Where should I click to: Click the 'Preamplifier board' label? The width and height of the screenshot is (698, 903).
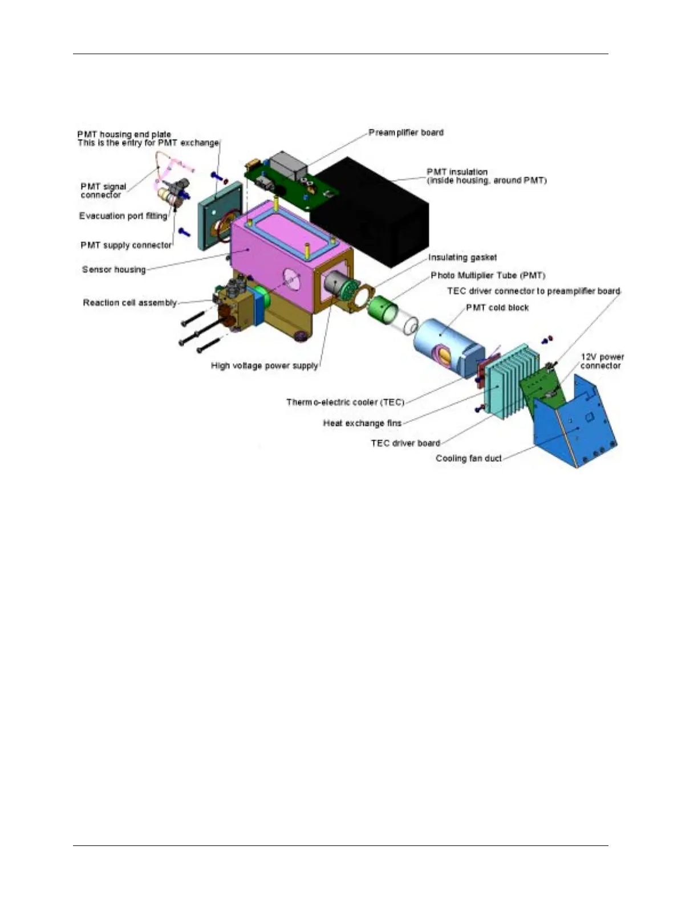(405, 133)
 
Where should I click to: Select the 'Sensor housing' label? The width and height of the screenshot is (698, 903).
(113, 270)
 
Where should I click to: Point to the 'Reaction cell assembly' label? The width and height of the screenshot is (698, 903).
(130, 303)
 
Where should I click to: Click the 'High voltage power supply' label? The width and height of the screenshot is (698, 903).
(264, 365)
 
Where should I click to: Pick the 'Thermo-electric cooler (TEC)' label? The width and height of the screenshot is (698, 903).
(345, 402)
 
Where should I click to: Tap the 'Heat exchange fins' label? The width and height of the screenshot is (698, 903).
(362, 423)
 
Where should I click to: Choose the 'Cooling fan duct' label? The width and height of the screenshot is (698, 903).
(468, 458)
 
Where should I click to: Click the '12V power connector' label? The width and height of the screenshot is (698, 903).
(602, 361)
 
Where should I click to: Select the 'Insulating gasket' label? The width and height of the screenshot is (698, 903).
(462, 258)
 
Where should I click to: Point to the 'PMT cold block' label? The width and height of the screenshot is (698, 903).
(497, 308)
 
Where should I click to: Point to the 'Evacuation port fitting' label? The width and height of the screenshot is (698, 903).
(123, 216)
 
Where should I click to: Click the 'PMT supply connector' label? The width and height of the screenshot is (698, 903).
(126, 245)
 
